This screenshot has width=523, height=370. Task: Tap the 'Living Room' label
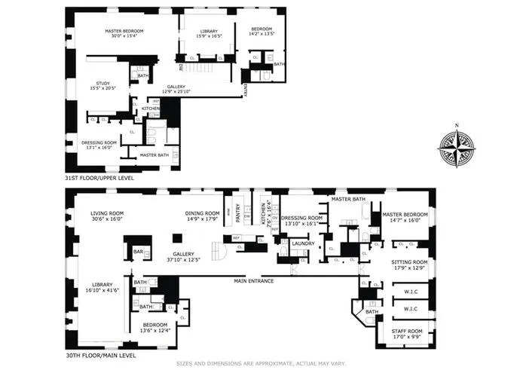pos(106,213)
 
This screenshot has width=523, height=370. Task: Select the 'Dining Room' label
pos(203,213)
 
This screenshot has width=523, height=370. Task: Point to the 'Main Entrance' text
pos(252,281)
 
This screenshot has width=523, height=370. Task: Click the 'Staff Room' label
pos(405,330)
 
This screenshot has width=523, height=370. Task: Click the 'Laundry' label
pos(303,243)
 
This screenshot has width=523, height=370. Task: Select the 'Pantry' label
pos(243,213)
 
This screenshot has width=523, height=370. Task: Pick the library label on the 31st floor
pos(200,30)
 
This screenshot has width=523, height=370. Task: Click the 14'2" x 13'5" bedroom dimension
pos(264,34)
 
